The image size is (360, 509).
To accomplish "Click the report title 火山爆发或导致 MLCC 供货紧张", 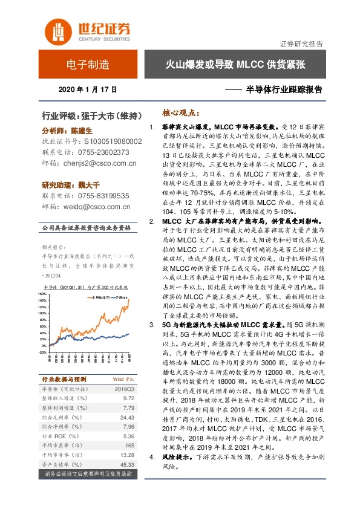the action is [x=235, y=65].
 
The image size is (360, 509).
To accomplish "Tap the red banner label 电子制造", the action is [x=88, y=65].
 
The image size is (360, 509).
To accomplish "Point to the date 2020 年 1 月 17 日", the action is [x=88, y=89].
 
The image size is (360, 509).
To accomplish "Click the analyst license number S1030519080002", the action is [x=109, y=141].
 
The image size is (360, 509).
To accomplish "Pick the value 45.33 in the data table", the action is [x=126, y=464].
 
